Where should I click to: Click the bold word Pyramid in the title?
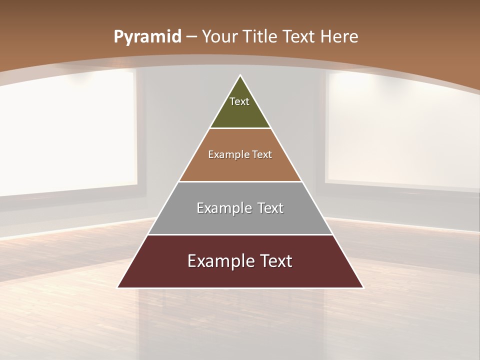point(147,37)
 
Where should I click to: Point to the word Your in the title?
point(220,37)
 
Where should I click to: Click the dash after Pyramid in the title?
point(191,37)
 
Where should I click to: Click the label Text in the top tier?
point(239,101)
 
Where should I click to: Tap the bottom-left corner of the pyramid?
point(118,287)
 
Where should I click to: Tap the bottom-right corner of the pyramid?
point(363,287)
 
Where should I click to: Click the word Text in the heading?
point(300,37)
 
